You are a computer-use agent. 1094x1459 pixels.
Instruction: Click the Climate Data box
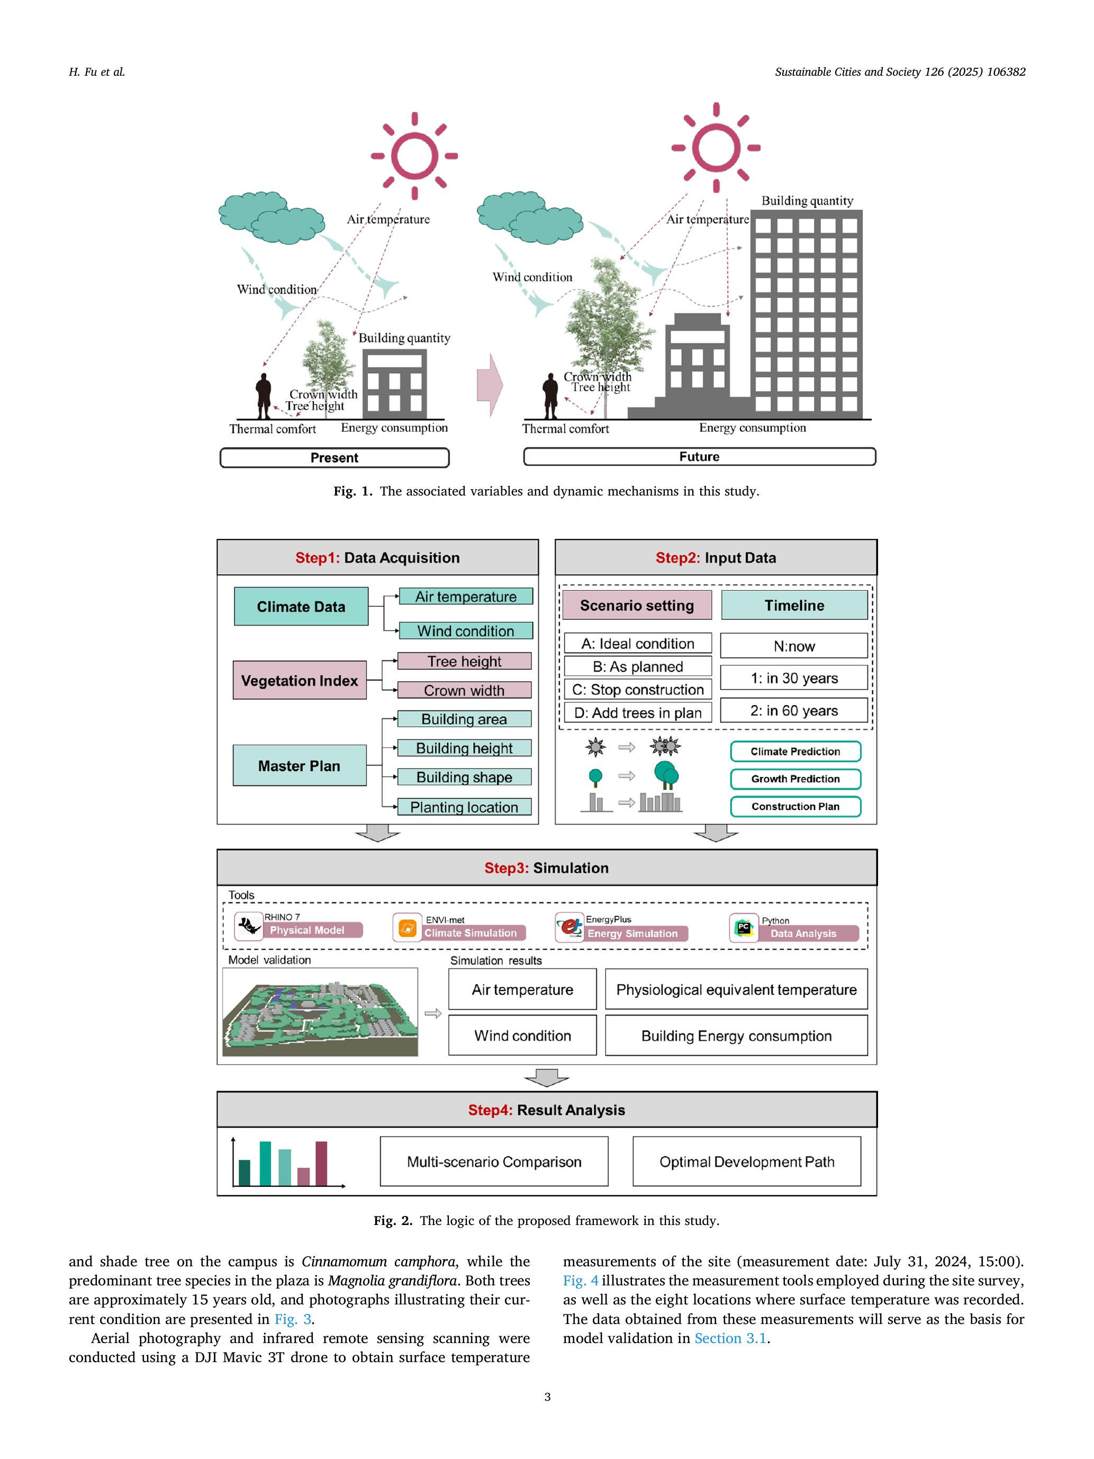tap(301, 606)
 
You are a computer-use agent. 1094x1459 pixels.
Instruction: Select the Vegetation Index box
tap(300, 680)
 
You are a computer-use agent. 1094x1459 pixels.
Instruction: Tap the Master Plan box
tap(300, 765)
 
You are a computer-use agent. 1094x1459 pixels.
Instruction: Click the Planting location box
tap(464, 807)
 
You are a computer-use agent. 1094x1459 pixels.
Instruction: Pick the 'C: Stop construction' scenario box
tap(638, 689)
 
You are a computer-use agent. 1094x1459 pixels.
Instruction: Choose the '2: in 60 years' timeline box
tap(793, 710)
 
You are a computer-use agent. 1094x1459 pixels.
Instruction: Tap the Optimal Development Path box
tap(746, 1161)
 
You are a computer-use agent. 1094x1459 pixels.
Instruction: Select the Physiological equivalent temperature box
tap(736, 989)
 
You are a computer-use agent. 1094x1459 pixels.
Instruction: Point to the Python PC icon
tap(744, 927)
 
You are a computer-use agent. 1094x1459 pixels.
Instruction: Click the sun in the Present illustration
tap(414, 156)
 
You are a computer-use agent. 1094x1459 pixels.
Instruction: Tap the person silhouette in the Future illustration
tap(550, 396)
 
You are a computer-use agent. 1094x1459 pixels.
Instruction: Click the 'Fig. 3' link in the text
tap(293, 1319)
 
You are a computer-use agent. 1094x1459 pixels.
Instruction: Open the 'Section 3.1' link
tap(730, 1338)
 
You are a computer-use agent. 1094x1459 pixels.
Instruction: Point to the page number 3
tap(547, 1397)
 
